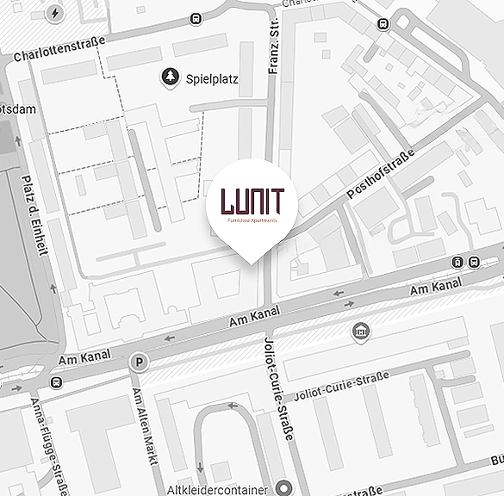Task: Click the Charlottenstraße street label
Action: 60,49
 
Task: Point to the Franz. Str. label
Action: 276,47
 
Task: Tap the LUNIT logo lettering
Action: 252,200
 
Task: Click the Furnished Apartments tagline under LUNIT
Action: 252,220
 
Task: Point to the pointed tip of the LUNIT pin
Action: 252,263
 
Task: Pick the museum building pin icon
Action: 360,332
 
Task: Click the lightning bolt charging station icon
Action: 55,14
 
